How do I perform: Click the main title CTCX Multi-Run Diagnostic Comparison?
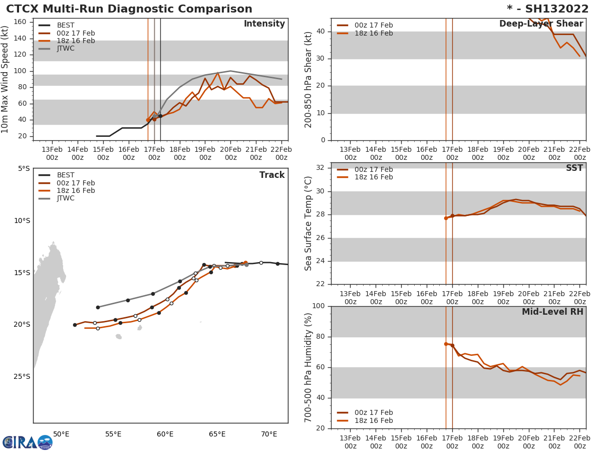point(129,9)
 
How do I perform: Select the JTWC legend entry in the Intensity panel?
point(66,49)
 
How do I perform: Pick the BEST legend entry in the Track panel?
point(66,175)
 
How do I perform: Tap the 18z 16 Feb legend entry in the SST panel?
point(373,177)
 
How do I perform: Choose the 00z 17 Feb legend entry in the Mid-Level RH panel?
point(373,413)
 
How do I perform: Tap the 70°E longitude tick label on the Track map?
point(269,434)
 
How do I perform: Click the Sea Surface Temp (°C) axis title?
point(309,223)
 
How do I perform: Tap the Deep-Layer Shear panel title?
point(541,24)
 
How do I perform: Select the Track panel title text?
point(271,175)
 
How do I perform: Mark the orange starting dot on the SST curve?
point(446,218)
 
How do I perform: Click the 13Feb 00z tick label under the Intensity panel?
point(52,153)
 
